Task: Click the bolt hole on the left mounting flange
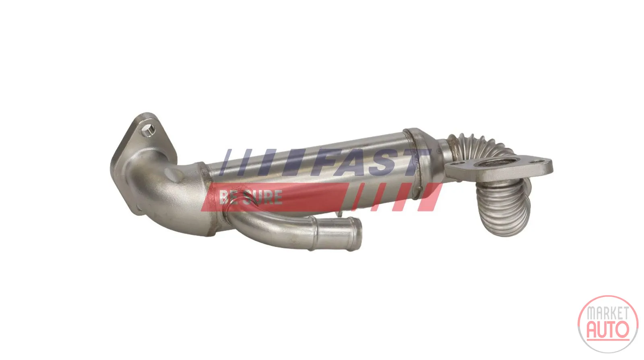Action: coord(149,130)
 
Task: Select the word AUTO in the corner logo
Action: coord(608,329)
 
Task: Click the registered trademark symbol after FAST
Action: coord(439,150)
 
